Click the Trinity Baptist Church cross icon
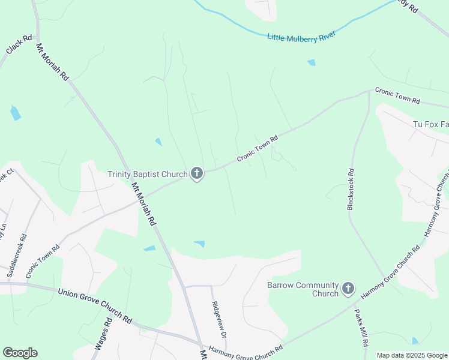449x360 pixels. (196, 174)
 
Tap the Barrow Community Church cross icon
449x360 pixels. (348, 289)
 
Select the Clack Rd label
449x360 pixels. (19, 44)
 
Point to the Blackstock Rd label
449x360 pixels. (351, 188)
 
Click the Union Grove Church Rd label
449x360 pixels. (95, 305)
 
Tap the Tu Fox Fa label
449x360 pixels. (430, 124)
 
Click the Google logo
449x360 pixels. (20, 353)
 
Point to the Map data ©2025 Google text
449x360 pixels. (412, 355)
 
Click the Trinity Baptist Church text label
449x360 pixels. (148, 175)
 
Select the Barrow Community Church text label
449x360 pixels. (303, 289)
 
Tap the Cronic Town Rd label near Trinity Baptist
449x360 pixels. (258, 148)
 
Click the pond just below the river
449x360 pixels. (311, 62)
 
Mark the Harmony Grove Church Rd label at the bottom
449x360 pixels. (245, 350)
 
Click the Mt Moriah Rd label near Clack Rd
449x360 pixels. (53, 62)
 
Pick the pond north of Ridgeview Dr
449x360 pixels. (199, 244)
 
